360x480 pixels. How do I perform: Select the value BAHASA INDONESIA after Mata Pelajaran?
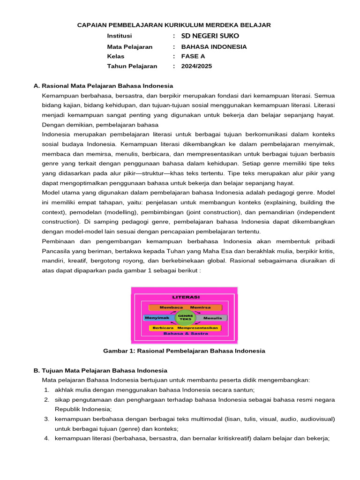point(214,47)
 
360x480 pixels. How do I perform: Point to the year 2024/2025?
point(196,66)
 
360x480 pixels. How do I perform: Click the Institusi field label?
point(120,36)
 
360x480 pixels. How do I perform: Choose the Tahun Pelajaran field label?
point(132,66)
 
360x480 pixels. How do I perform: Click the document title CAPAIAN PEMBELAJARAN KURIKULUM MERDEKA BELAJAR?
point(174,25)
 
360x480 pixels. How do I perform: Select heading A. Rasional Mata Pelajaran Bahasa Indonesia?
point(103,86)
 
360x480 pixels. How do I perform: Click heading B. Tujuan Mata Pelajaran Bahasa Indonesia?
point(100,370)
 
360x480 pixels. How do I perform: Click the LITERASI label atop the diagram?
point(186,297)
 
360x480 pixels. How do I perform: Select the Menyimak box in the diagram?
point(158,318)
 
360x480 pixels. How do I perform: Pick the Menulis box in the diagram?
point(212,318)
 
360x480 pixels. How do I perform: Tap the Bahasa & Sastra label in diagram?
point(185,334)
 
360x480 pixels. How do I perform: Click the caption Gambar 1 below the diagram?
point(184,351)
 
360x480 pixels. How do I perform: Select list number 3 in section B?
point(47,419)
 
